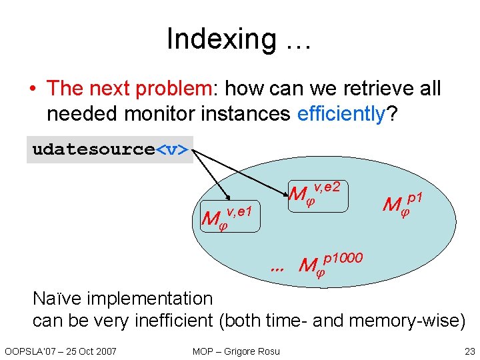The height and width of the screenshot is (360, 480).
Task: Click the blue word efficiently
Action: pos(341,114)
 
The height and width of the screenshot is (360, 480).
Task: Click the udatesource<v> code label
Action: pos(110,149)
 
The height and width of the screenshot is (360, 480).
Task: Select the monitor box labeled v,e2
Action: pos(316,193)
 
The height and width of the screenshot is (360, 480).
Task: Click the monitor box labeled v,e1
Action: pos(230,216)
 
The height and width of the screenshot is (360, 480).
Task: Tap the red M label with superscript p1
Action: pos(403,203)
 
